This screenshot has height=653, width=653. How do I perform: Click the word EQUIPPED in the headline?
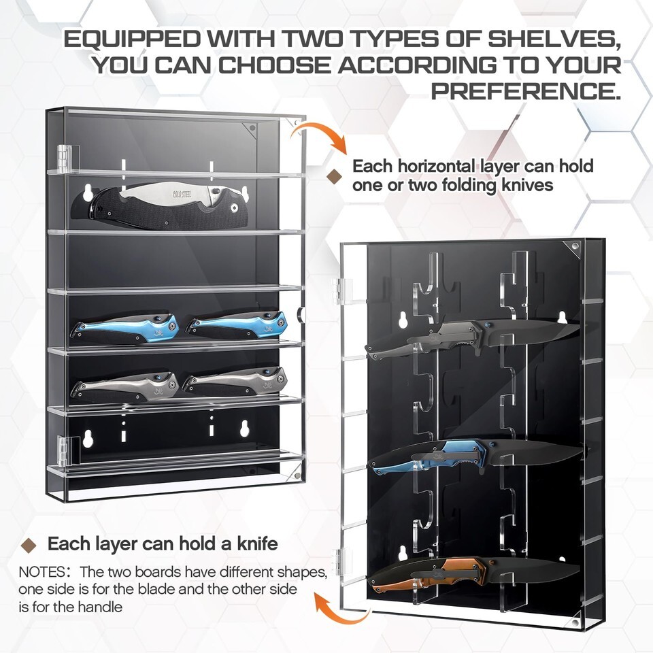[x=133, y=39]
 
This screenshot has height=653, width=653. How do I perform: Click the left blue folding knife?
[x=124, y=327]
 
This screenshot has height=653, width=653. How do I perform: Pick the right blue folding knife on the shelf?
[x=236, y=325]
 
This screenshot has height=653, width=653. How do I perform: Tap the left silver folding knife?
[x=124, y=387]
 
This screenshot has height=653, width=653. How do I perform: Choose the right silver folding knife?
[x=235, y=382]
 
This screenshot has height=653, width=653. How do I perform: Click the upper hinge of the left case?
[x=63, y=158]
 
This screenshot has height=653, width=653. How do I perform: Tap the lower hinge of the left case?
[x=63, y=451]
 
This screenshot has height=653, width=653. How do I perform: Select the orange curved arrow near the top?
[x=319, y=136]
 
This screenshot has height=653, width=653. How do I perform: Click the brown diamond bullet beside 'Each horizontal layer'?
[x=335, y=177]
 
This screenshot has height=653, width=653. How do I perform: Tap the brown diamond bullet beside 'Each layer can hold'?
[x=29, y=545]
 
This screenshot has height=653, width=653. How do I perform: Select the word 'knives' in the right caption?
[x=527, y=184]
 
